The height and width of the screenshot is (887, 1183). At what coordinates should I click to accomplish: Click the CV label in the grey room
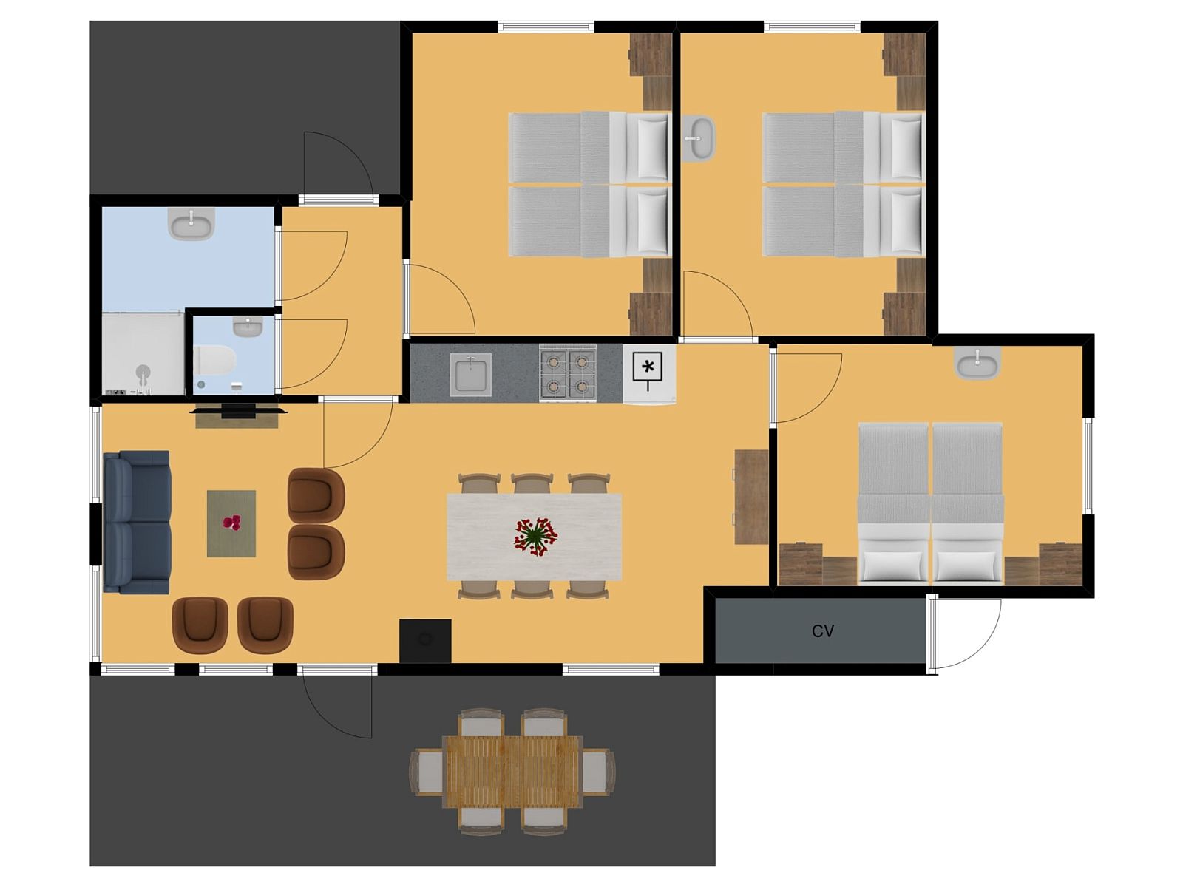(822, 631)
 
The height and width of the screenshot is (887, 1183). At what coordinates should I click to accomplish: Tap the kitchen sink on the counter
(470, 374)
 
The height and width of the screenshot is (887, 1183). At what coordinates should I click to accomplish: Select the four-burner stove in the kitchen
(567, 373)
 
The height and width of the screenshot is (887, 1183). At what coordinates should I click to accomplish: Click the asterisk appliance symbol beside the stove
(648, 367)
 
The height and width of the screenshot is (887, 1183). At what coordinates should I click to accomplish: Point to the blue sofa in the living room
(137, 522)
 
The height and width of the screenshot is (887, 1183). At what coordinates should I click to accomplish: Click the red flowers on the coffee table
(232, 523)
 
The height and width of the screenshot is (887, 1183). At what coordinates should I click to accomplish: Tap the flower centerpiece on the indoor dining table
(535, 536)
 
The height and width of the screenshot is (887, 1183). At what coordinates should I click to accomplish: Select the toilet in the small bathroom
(214, 361)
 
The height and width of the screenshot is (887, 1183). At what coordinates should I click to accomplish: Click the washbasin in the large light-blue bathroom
(191, 223)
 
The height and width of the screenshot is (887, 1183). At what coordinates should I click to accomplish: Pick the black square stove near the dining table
(425, 640)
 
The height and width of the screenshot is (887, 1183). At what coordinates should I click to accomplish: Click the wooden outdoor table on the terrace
(512, 771)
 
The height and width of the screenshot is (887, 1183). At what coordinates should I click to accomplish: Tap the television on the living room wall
(237, 409)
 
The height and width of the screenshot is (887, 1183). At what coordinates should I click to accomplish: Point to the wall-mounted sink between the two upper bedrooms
(698, 138)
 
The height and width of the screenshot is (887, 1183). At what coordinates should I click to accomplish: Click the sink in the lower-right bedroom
(977, 363)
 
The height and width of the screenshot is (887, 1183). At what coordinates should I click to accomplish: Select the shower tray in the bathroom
(142, 354)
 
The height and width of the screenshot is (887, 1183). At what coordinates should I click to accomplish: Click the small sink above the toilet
(247, 326)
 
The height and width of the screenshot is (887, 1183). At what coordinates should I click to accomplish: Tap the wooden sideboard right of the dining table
(751, 497)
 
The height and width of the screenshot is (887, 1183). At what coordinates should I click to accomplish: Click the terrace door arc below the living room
(336, 706)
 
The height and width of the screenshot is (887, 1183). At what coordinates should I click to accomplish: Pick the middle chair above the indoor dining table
(532, 483)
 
